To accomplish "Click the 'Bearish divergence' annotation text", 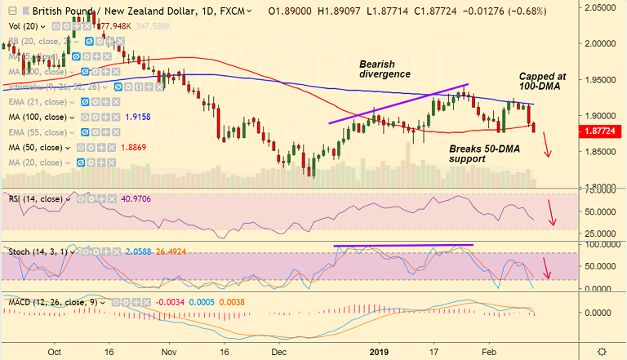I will click(385, 69).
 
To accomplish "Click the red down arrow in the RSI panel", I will click(552, 215).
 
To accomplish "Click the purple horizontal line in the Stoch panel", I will click(403, 245).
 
